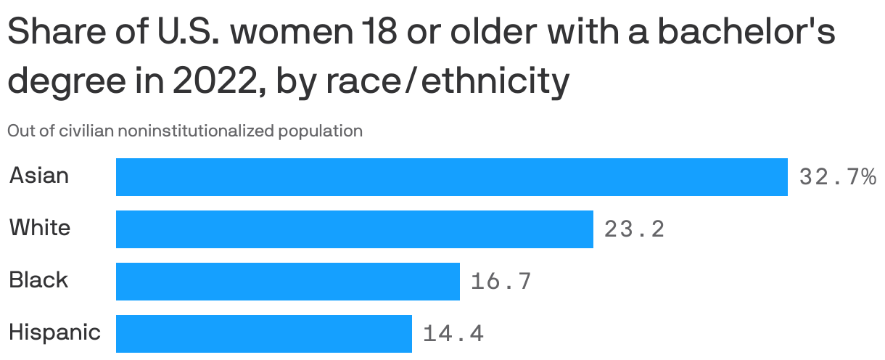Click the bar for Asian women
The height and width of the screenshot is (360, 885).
(451, 176)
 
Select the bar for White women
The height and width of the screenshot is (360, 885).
(354, 229)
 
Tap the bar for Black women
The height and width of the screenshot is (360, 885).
(287, 281)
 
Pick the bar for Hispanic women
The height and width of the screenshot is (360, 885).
(263, 333)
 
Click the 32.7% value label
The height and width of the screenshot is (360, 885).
(837, 176)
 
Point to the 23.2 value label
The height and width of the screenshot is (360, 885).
(634, 229)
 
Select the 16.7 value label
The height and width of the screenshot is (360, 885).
(501, 281)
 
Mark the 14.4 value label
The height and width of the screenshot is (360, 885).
(453, 334)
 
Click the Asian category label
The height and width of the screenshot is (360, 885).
(39, 176)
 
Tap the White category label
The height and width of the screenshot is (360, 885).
(40, 228)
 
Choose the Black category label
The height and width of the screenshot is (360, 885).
(38, 280)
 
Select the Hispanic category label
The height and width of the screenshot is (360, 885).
(54, 332)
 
